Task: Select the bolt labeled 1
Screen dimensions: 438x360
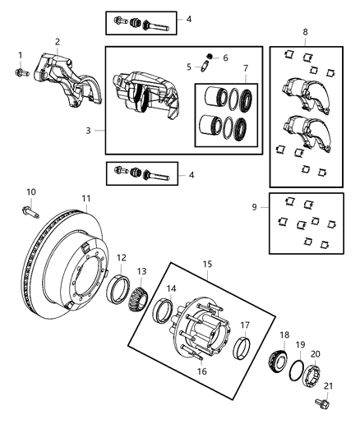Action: (x=21, y=73)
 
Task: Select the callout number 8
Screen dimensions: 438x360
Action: (x=307, y=34)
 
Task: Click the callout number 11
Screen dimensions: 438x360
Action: (x=85, y=199)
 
